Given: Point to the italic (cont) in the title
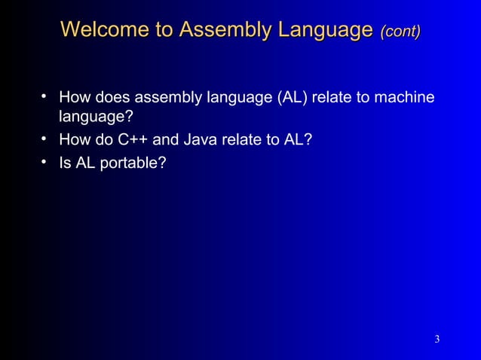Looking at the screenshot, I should pos(400,31).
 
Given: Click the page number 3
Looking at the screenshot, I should pos(437,339).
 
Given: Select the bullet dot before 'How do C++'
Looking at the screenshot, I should pos(45,139).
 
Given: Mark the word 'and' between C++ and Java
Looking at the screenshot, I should pos(164,140).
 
